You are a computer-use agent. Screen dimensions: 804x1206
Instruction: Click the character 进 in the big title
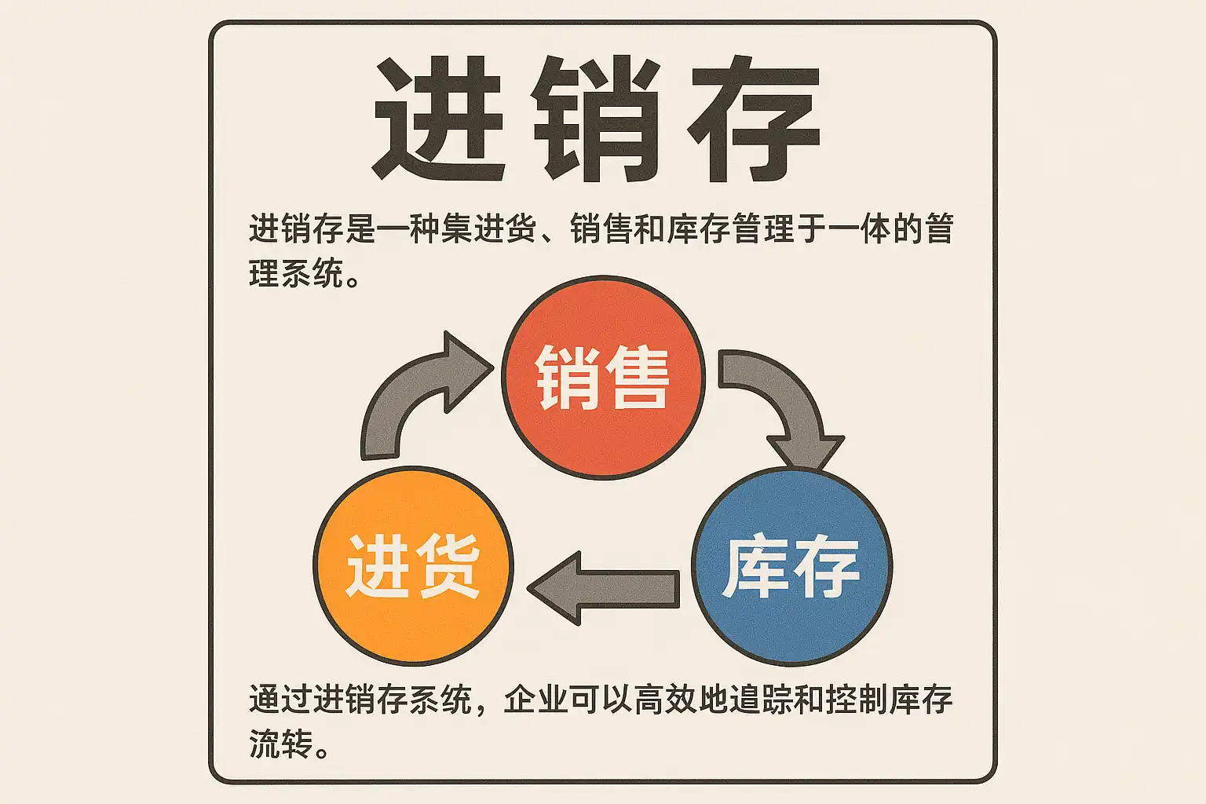[438, 119]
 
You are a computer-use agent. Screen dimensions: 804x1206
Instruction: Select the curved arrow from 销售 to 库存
[785, 400]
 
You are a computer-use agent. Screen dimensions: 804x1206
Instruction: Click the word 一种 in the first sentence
[408, 229]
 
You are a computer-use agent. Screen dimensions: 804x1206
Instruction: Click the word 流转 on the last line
[281, 744]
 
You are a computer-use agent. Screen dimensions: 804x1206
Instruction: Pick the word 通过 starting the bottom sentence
[281, 699]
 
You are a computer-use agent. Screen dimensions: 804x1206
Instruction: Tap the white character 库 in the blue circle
[755, 567]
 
